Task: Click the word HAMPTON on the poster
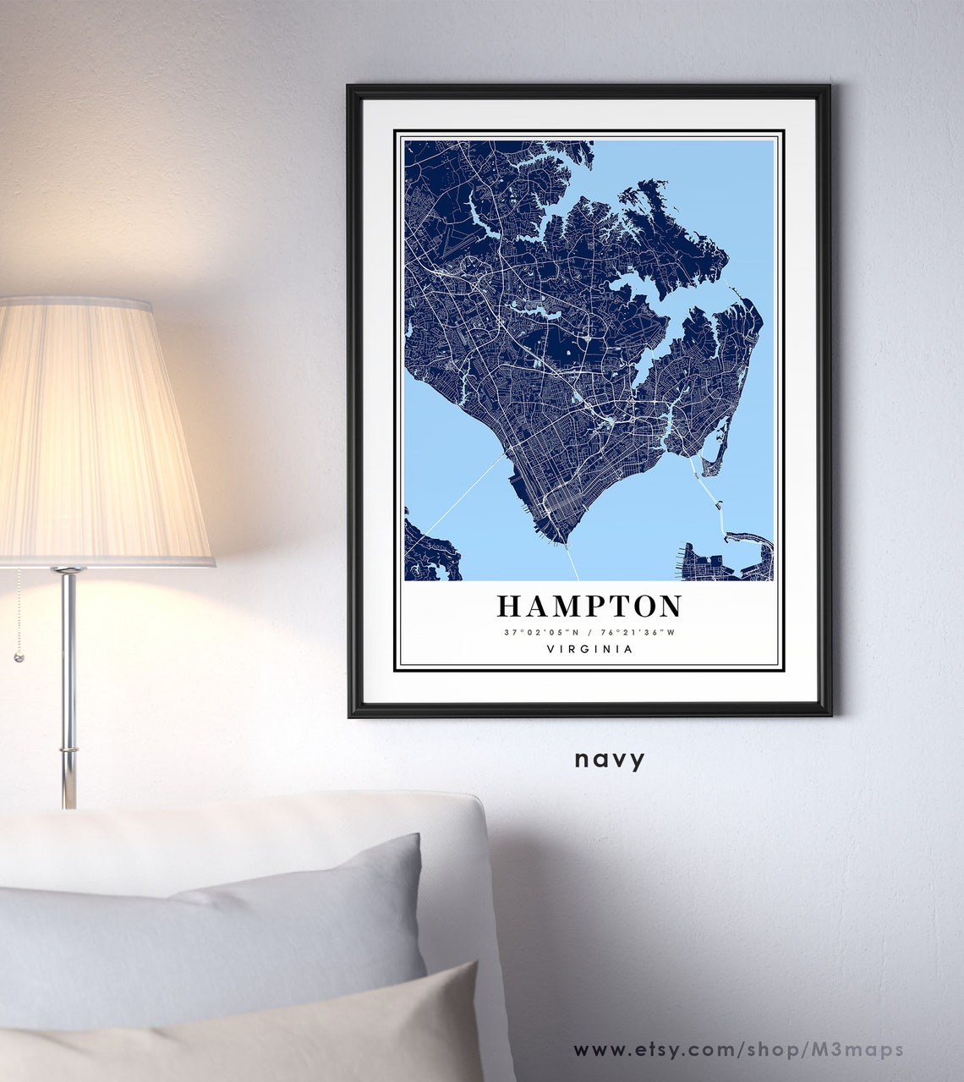tap(589, 607)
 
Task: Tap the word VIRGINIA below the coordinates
tap(589, 650)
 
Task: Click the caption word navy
tap(610, 759)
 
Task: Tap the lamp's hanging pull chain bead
tap(17, 656)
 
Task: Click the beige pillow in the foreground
tap(254, 1036)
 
